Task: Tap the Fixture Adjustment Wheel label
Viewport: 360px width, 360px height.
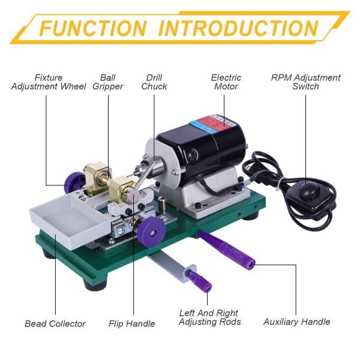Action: [x=49, y=82]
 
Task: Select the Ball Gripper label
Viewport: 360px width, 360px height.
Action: [x=107, y=82]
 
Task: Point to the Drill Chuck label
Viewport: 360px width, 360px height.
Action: [x=154, y=82]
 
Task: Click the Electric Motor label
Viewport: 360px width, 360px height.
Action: [x=226, y=82]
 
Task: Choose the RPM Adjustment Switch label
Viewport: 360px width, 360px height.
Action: [x=305, y=82]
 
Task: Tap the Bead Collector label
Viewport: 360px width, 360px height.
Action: [x=55, y=324]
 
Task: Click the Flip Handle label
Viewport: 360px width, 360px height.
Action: [x=131, y=324]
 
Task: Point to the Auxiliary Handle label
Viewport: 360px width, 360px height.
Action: [x=296, y=322]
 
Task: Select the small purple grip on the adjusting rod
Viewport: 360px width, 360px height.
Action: [x=200, y=280]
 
